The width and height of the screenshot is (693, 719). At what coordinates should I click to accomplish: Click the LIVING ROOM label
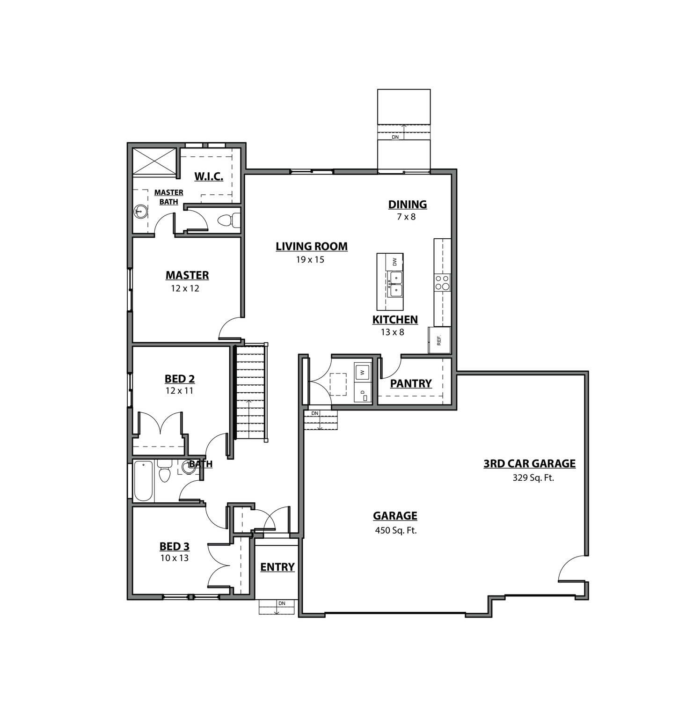311,246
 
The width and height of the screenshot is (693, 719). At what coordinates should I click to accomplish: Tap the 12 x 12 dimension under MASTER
185,288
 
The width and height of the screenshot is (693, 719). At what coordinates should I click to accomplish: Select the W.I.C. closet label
209,176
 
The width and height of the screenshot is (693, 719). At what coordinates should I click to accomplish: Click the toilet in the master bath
229,220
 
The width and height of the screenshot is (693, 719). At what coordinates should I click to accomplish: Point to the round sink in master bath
140,212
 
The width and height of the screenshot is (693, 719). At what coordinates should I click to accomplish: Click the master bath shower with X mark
155,161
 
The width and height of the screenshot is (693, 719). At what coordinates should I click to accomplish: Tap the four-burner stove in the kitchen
442,283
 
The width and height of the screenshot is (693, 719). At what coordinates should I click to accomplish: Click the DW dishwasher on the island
394,262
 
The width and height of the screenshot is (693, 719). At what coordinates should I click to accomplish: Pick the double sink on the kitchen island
395,284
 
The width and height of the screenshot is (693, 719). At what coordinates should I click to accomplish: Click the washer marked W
362,373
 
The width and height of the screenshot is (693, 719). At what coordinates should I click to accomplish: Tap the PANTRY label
411,383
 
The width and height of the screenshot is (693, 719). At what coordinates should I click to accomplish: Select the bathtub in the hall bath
143,480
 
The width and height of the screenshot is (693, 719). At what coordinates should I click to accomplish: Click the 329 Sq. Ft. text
533,478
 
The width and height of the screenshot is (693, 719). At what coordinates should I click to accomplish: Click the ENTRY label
277,567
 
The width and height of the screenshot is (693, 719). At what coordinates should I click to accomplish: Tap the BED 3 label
174,546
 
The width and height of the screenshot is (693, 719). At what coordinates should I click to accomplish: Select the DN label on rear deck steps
395,137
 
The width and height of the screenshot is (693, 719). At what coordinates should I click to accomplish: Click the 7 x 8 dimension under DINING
406,217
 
